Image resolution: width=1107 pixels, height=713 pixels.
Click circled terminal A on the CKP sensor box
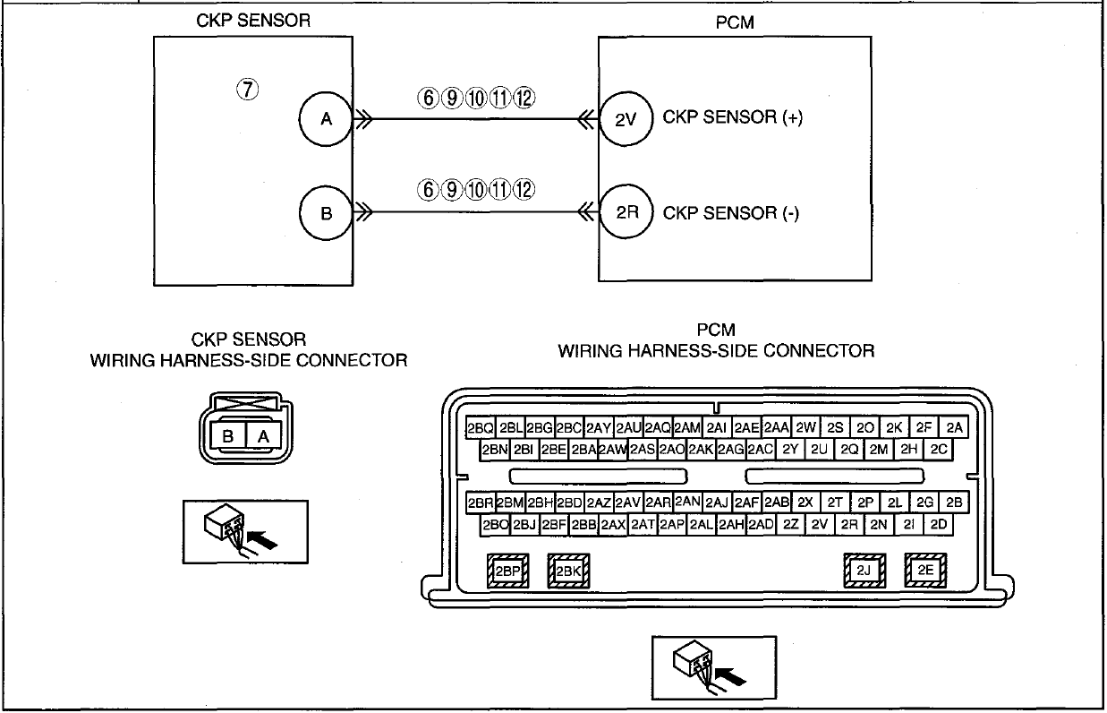(326, 119)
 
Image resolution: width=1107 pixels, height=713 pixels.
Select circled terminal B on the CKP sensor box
(326, 213)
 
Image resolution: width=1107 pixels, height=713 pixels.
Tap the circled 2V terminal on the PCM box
(626, 119)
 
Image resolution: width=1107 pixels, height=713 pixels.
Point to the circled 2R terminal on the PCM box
(626, 211)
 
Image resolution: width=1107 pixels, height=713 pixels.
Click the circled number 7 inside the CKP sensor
(247, 90)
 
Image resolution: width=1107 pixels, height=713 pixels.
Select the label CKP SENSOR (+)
(732, 117)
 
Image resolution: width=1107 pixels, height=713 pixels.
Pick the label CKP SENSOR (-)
(730, 213)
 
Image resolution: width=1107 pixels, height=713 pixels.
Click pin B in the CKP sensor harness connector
(227, 436)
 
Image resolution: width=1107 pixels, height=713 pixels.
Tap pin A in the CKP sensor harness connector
(263, 436)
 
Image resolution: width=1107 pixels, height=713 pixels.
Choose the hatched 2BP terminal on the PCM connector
(507, 571)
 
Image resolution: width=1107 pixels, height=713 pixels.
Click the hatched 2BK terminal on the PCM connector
(568, 571)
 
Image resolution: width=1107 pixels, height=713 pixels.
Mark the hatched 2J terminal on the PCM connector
(864, 571)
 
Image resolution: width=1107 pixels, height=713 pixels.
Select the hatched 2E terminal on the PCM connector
(925, 570)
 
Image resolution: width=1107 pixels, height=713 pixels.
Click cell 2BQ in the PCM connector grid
(481, 427)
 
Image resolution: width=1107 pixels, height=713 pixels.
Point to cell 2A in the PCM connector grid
(954, 427)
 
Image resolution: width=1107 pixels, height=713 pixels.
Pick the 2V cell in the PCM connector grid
(820, 525)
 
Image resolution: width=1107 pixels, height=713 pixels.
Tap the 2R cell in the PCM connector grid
(849, 525)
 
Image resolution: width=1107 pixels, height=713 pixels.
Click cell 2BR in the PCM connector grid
(481, 503)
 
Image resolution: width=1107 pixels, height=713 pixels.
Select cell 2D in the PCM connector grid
(939, 525)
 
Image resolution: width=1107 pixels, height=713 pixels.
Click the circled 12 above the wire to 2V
(524, 98)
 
